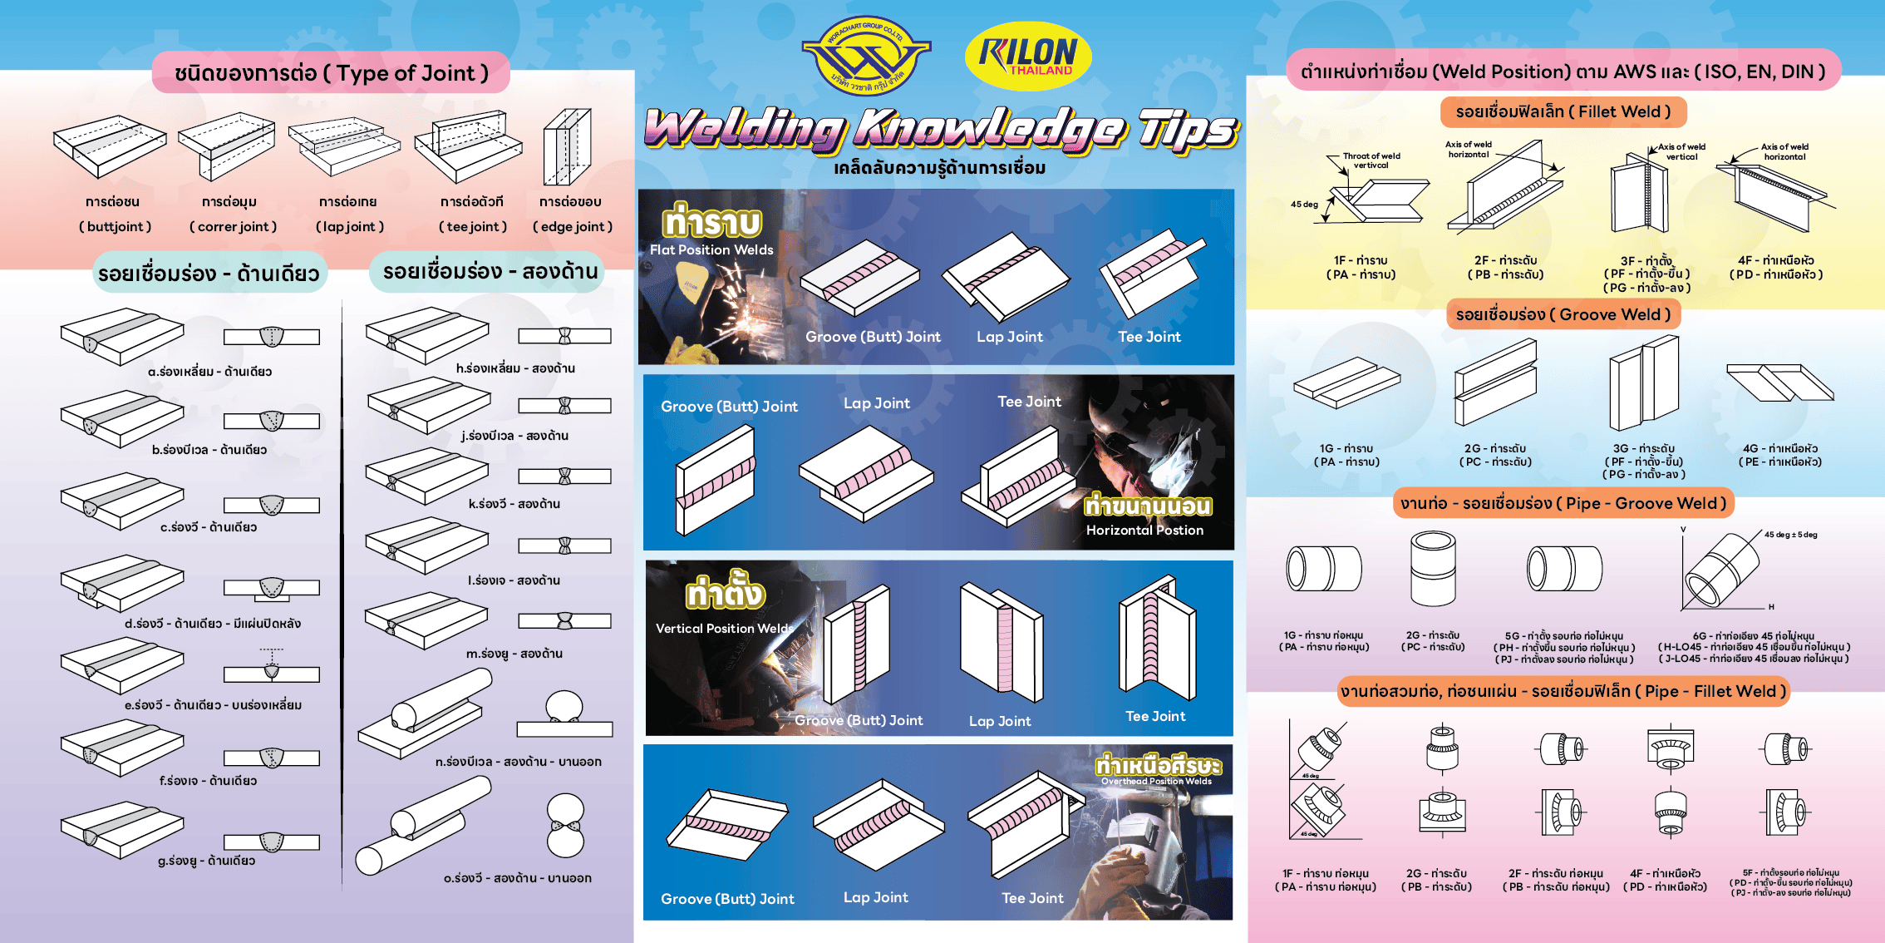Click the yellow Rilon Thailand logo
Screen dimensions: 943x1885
[x=1028, y=56]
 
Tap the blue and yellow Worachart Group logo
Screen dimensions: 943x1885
[x=866, y=56]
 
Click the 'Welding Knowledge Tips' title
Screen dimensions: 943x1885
[x=941, y=130]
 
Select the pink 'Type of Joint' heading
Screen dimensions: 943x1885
[x=331, y=73]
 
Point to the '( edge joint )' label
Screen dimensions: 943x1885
[x=573, y=226]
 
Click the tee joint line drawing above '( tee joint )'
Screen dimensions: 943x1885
[x=468, y=147]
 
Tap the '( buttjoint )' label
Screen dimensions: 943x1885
[x=115, y=226]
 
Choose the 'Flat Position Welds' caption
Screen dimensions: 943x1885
[x=711, y=249]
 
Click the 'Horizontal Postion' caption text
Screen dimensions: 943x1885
[x=1144, y=530]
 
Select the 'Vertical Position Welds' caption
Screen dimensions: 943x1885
[x=724, y=629]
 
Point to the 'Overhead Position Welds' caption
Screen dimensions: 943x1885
[x=1156, y=781]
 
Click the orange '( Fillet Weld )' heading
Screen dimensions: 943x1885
[x=1563, y=111]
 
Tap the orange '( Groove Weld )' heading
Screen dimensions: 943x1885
[x=1563, y=314]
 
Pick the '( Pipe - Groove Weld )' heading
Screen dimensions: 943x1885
[x=1563, y=503]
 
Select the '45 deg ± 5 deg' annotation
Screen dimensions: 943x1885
[x=1790, y=535]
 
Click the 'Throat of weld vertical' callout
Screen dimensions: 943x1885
[x=1371, y=160]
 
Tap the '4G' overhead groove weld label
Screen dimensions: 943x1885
[x=1779, y=448]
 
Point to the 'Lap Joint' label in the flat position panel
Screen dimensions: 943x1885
[x=1009, y=337]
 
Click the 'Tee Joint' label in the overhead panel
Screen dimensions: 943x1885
[x=1032, y=898]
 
